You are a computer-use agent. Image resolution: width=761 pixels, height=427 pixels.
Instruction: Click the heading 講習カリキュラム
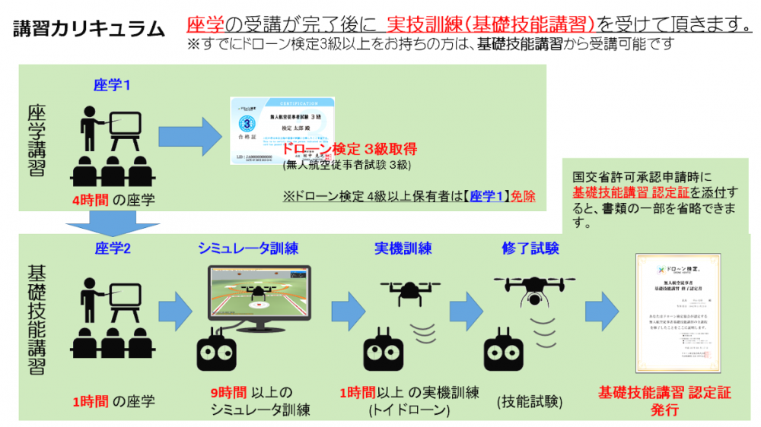[89, 30]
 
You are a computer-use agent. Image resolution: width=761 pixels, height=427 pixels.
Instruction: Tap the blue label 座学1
[112, 84]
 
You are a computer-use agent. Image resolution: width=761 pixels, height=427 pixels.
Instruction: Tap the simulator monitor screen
[259, 297]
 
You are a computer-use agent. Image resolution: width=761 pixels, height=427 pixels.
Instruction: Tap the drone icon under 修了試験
[532, 289]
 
